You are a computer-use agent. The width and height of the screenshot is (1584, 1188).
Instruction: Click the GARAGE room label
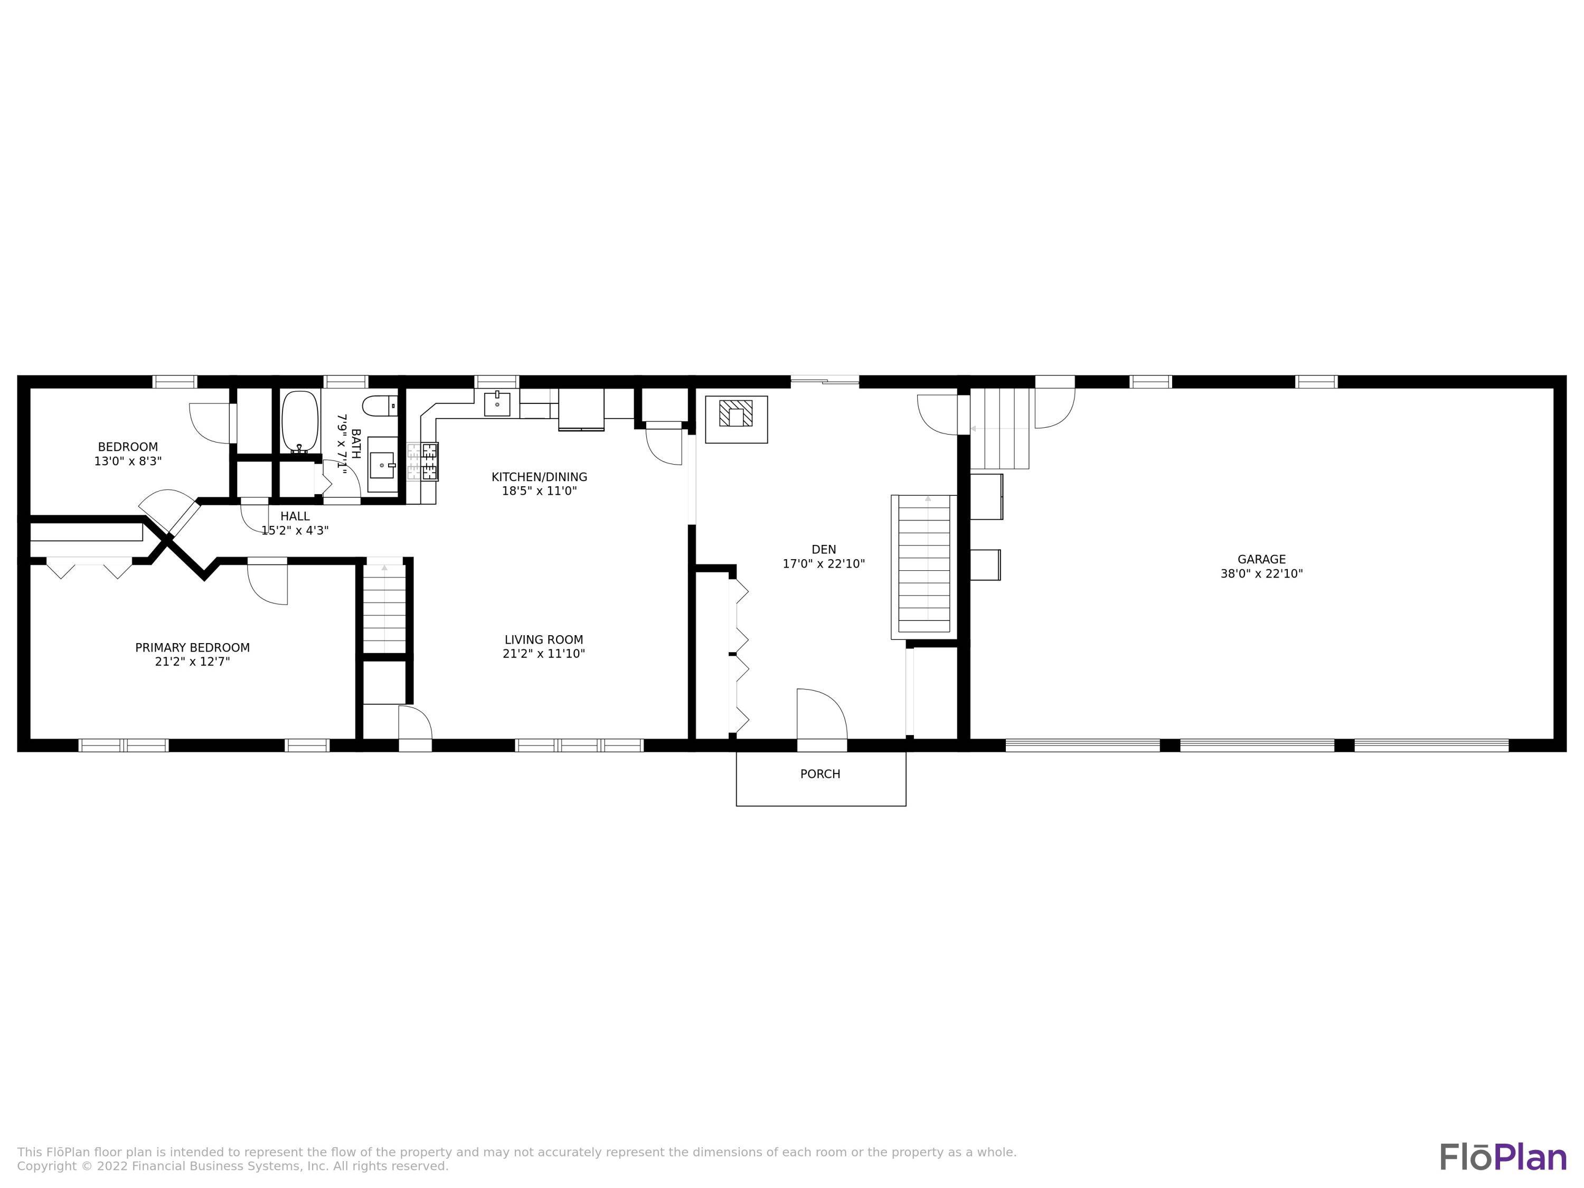coord(1261,559)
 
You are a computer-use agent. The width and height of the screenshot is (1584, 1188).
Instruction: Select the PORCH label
coord(820,774)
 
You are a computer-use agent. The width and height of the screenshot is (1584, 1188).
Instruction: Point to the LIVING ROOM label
coord(543,640)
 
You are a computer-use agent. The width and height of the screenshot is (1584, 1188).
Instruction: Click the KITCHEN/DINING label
coord(539,477)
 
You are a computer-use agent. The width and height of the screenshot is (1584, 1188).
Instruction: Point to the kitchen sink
coord(497,404)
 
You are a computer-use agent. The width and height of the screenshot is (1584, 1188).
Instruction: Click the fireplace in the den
coord(736,418)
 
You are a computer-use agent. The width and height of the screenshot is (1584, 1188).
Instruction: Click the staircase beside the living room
coord(384,609)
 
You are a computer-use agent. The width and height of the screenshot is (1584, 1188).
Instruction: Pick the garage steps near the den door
coord(1000,428)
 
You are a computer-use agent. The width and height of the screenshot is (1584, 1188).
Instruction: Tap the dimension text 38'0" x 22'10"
coord(1261,573)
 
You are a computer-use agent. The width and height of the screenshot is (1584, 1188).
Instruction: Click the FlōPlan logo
coord(1502,1117)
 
